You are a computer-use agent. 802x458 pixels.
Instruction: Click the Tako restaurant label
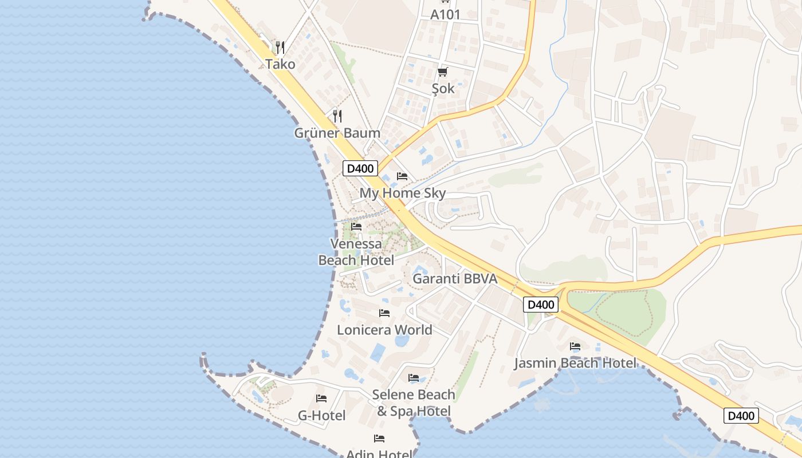pos(280,64)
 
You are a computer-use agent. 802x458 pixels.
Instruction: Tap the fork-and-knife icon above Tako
pos(280,47)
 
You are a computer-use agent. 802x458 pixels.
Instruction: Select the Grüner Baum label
pos(337,133)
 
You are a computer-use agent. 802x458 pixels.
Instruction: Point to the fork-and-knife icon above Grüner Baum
pos(337,116)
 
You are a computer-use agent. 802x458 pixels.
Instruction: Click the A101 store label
pos(445,14)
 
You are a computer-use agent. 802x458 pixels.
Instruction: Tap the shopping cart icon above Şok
pos(442,72)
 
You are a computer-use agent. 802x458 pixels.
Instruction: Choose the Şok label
pos(443,88)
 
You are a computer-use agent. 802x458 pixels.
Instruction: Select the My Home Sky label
pos(402,193)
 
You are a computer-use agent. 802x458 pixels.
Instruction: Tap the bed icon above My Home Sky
pos(402,176)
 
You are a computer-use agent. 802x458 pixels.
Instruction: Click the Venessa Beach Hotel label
pos(356,252)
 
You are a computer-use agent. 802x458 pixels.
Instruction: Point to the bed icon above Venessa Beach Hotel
pos(356,227)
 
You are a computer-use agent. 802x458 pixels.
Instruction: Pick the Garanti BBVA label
pos(455,279)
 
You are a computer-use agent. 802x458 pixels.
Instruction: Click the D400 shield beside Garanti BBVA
pos(540,305)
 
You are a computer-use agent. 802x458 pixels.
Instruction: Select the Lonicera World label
pos(384,330)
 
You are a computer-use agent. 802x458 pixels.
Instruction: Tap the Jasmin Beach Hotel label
pos(575,363)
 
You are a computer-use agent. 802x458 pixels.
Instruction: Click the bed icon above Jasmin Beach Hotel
pos(575,346)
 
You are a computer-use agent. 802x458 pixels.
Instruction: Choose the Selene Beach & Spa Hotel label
pos(414,402)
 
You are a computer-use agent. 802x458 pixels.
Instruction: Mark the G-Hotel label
pos(321,415)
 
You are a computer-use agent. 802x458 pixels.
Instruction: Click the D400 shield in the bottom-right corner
pos(741,416)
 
